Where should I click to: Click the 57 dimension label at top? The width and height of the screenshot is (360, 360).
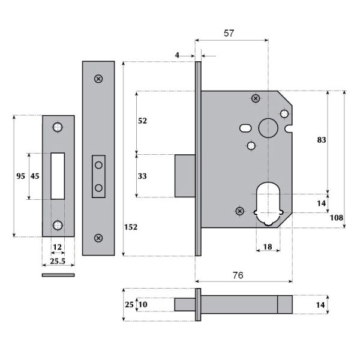229,34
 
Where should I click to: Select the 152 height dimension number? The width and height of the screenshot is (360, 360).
131,227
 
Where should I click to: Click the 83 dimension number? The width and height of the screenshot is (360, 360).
321,140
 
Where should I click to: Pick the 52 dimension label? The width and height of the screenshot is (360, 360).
142,121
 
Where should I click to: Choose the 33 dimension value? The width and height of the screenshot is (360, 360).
142,176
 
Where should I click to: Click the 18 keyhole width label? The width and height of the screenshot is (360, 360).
267,247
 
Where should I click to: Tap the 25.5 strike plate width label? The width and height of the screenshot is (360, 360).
58,262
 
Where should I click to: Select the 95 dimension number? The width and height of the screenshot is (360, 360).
20,176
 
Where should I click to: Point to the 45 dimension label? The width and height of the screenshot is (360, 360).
35,176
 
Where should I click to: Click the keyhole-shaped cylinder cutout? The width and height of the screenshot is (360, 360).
268,204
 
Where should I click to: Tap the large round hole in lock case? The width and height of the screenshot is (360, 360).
267,127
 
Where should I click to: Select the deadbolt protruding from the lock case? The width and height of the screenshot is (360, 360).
184,175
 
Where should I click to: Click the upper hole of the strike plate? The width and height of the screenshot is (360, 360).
58,127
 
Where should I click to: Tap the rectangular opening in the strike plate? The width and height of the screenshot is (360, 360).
58,175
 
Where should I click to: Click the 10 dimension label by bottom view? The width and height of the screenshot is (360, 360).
142,305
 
